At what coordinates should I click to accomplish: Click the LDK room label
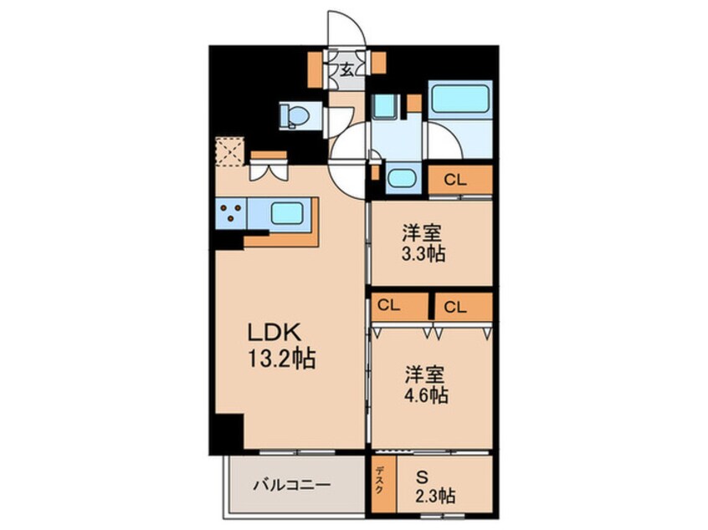(x=274, y=333)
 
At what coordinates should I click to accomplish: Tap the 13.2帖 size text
(x=281, y=359)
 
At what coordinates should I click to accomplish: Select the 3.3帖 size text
(x=423, y=254)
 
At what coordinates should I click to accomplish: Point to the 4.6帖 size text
(x=426, y=395)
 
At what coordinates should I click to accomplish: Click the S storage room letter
(x=422, y=476)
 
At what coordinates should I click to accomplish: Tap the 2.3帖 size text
(x=435, y=497)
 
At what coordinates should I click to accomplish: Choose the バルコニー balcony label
(x=292, y=486)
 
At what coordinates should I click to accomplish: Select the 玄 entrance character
(x=346, y=70)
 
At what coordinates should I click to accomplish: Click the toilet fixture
(x=294, y=115)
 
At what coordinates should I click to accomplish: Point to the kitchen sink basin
(x=287, y=213)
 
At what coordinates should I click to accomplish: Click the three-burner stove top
(x=231, y=213)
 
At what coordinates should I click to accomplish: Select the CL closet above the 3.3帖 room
(x=459, y=180)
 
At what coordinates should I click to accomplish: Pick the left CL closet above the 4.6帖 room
(x=399, y=307)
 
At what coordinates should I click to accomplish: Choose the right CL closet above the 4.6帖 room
(x=464, y=307)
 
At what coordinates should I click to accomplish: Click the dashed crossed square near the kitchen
(x=230, y=151)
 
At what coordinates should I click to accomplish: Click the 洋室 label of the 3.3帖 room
(x=423, y=233)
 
